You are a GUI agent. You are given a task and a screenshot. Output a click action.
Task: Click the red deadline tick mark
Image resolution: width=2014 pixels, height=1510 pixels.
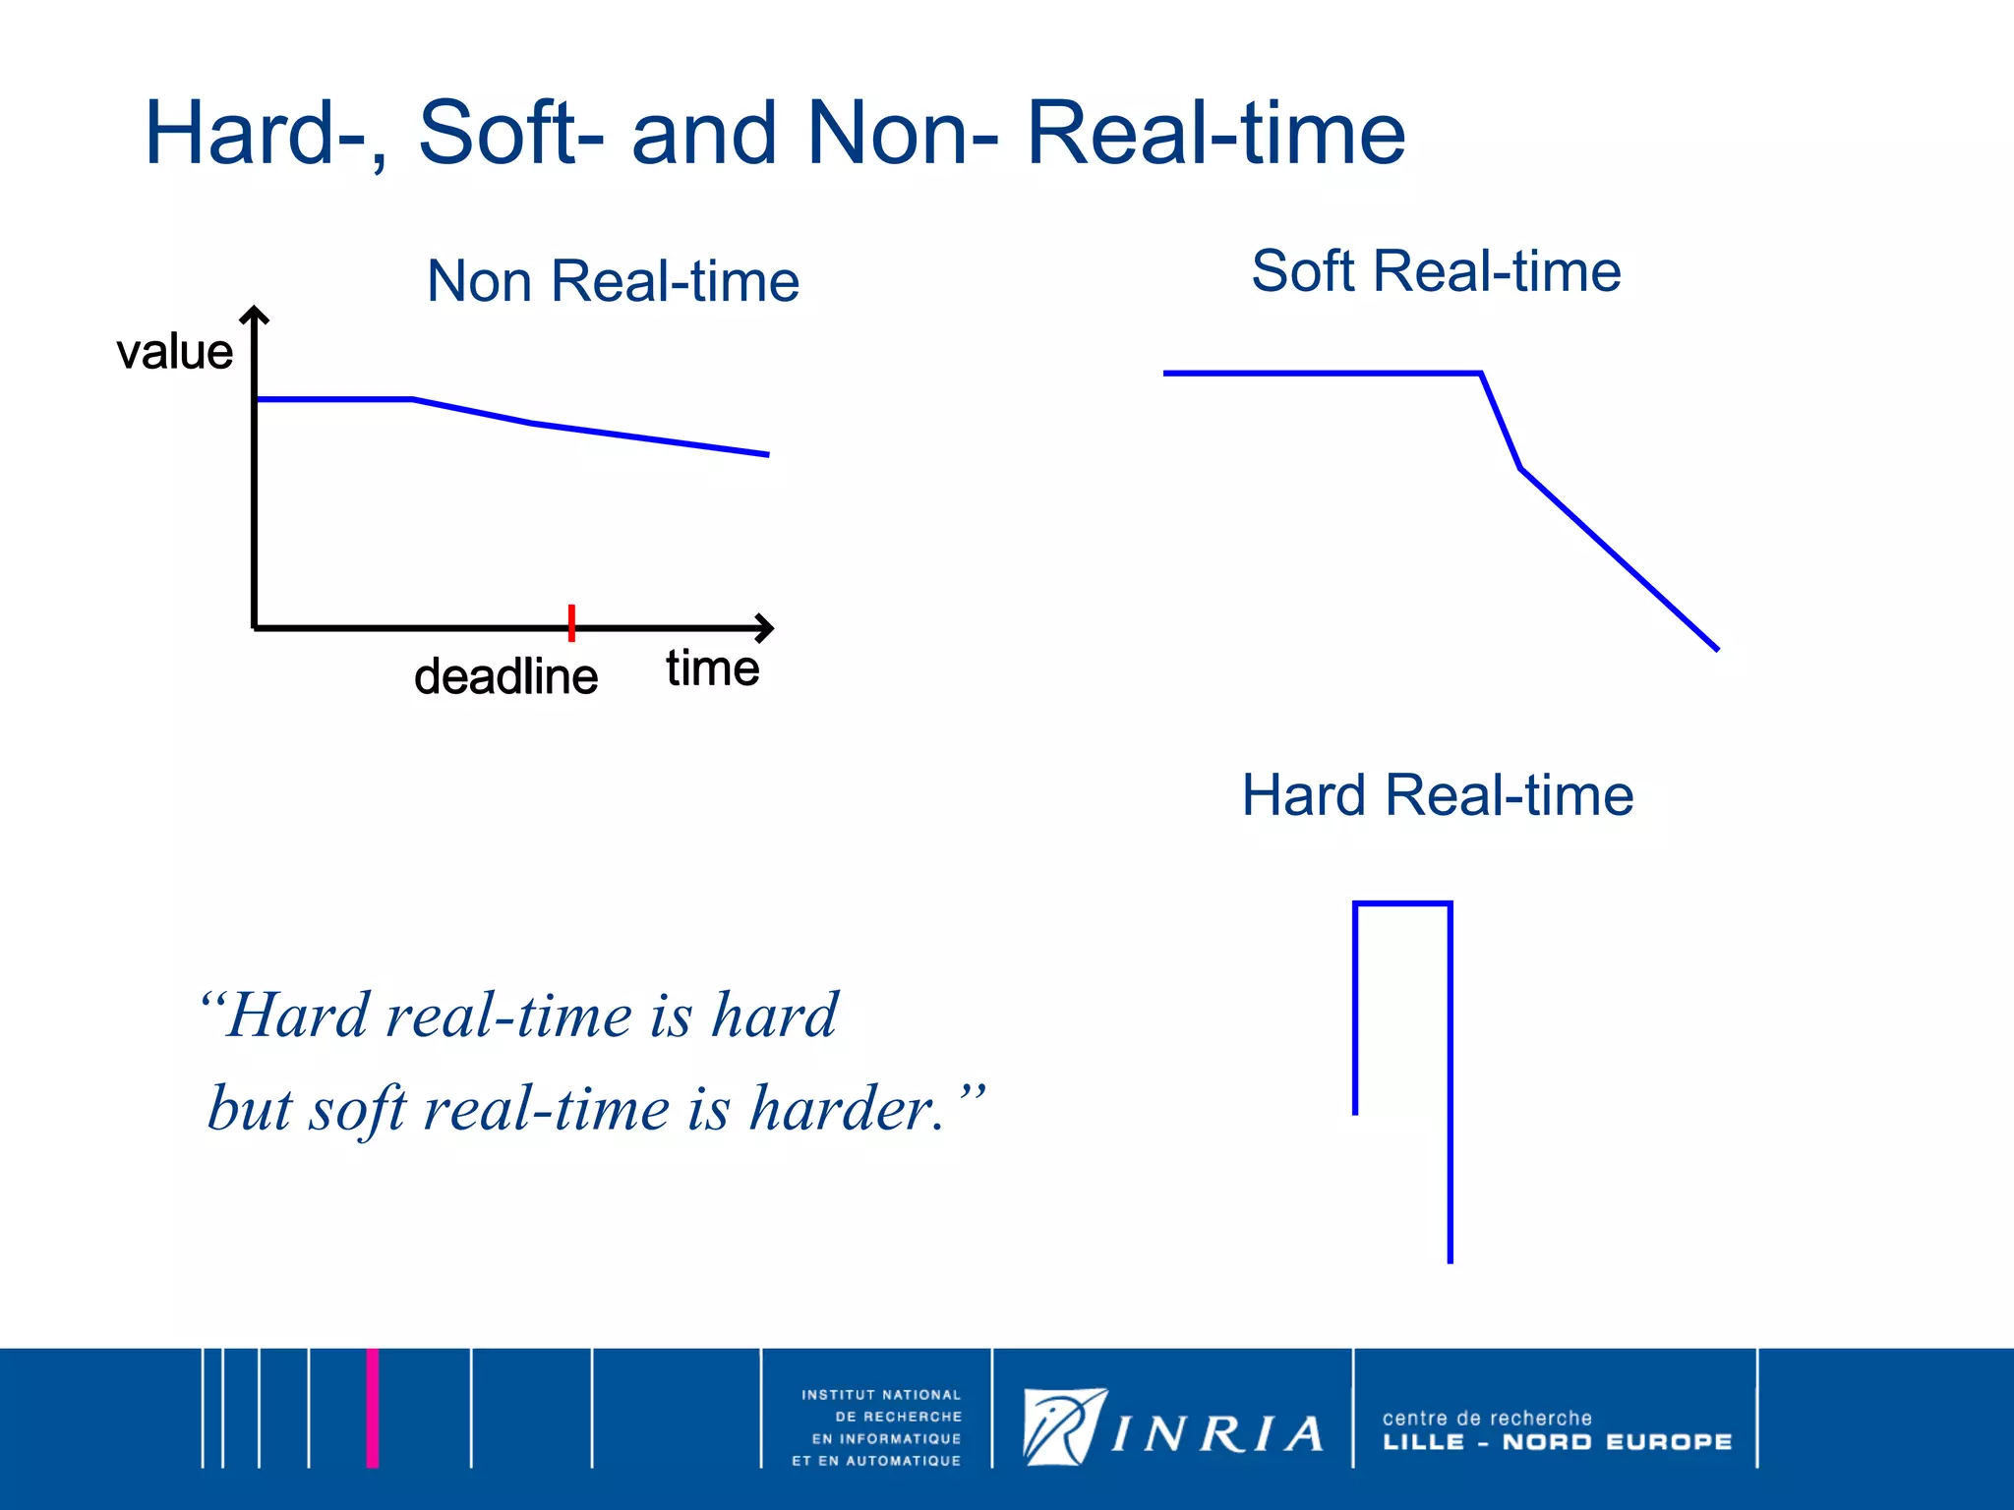(x=571, y=623)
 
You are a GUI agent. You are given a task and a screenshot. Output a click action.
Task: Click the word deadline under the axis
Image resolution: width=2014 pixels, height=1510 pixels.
(x=505, y=677)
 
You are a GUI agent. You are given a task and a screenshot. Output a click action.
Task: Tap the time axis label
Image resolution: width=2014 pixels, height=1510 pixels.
(x=712, y=668)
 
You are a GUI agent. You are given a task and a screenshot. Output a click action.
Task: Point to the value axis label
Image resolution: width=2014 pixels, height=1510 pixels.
(x=174, y=352)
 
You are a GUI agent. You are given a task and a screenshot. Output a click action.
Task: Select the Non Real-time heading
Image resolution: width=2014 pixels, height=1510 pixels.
(x=613, y=281)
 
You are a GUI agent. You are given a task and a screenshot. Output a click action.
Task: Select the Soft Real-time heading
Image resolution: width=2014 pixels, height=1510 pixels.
(x=1436, y=271)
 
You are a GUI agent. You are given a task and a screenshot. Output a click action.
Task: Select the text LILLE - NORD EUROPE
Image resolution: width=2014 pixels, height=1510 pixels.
(x=1557, y=1442)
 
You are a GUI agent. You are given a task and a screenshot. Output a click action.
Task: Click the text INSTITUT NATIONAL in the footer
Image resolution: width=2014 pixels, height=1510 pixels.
(x=880, y=1395)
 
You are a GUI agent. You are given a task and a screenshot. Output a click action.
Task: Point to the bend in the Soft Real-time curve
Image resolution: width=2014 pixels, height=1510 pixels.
(x=1482, y=374)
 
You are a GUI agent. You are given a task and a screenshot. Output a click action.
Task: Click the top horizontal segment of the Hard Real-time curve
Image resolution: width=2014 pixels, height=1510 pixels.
(x=1402, y=902)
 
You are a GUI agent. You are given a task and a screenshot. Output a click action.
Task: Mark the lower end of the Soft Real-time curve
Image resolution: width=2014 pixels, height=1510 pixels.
(x=1715, y=648)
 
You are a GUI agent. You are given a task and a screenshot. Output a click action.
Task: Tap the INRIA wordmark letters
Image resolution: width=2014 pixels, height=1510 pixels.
(x=1217, y=1435)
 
